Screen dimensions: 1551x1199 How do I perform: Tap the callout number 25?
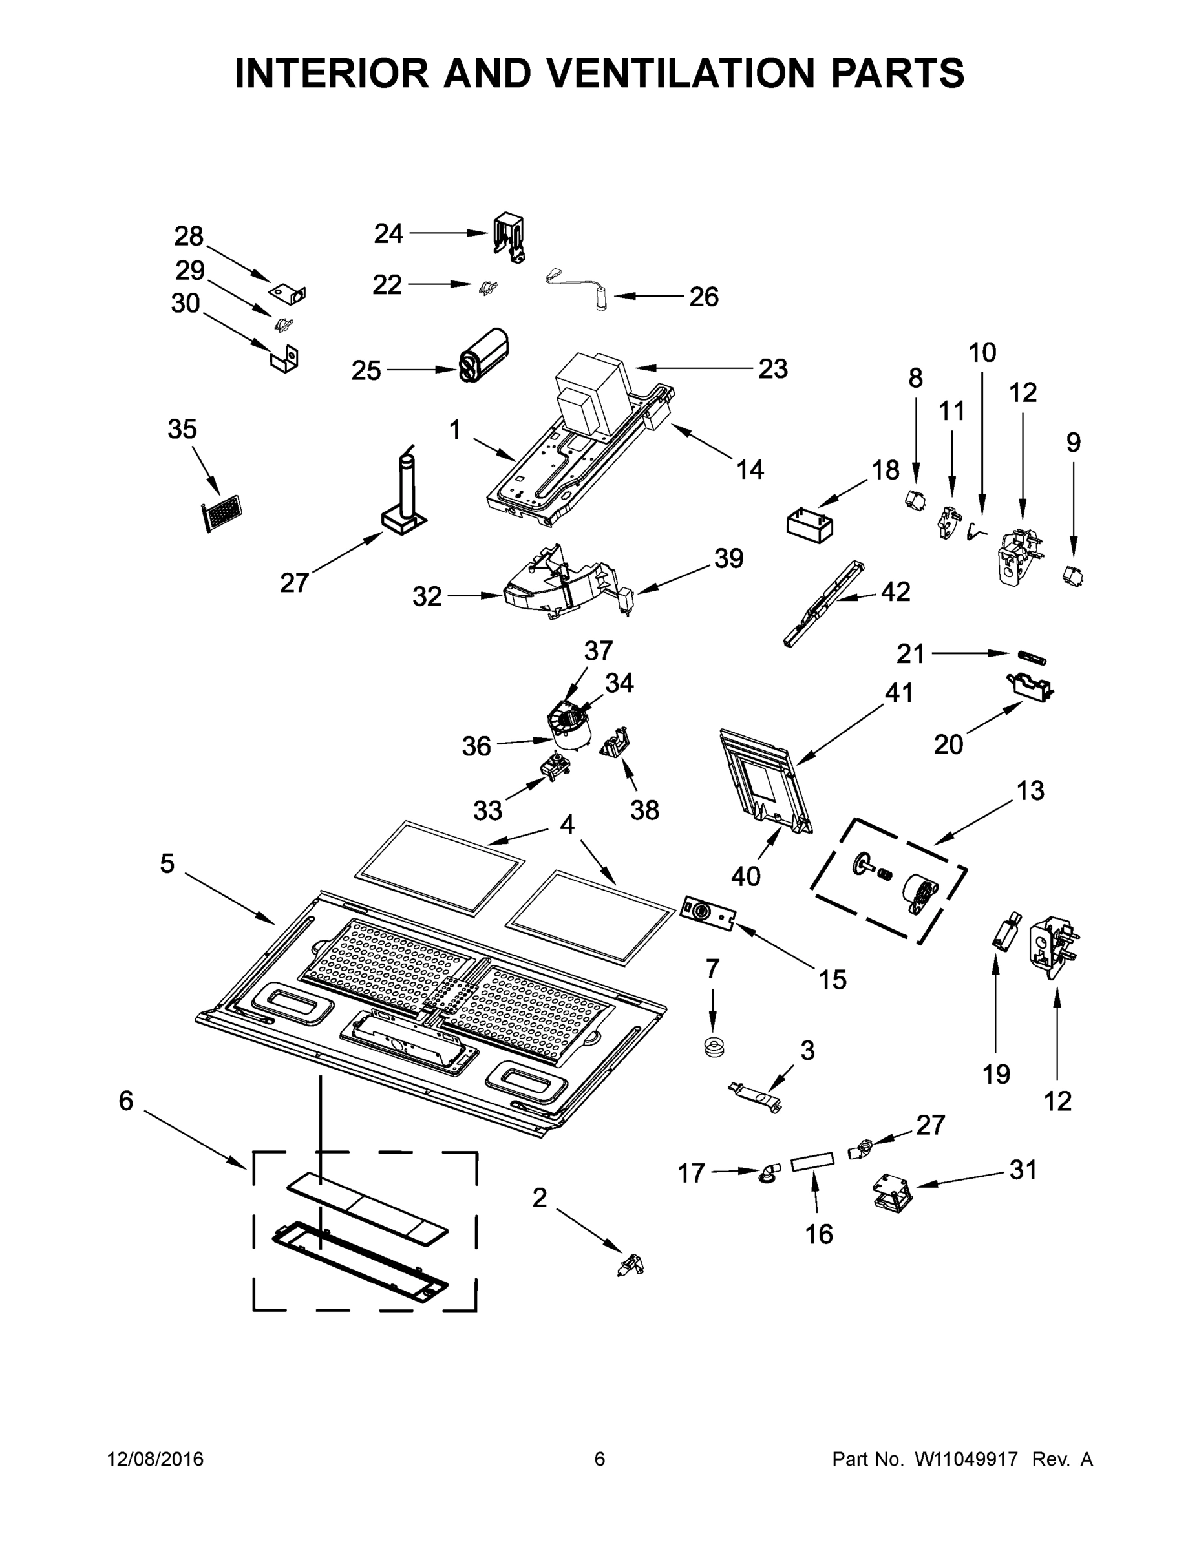[366, 371]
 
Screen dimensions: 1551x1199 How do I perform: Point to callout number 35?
[182, 430]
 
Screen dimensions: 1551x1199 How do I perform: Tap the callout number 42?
[895, 591]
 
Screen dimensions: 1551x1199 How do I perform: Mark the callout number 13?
[1030, 790]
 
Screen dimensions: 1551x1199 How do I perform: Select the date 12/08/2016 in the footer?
[156, 1459]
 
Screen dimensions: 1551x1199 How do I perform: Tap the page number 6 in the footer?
[600, 1459]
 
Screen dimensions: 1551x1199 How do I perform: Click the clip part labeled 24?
[508, 237]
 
